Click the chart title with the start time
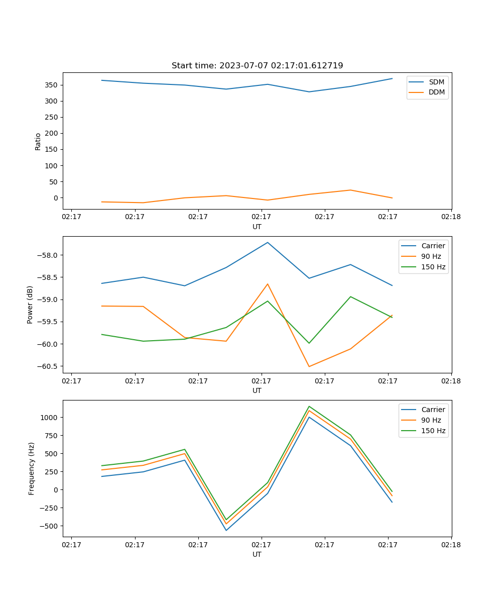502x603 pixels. (x=257, y=66)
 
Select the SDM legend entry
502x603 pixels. (x=436, y=82)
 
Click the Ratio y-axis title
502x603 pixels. (x=38, y=141)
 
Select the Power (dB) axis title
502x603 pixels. (x=30, y=305)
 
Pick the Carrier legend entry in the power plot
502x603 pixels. (x=433, y=246)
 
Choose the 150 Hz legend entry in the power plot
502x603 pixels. (x=433, y=267)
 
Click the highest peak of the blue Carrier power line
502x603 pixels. (x=268, y=242)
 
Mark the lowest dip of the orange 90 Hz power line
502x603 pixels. (x=309, y=366)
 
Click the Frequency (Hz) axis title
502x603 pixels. (x=32, y=468)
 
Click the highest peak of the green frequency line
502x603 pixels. (x=309, y=406)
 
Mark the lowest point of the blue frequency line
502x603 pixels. (x=226, y=530)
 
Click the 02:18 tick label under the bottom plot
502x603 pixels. (x=451, y=545)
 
